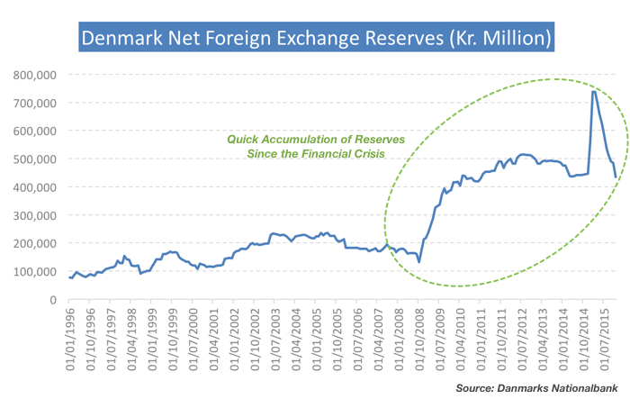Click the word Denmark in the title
click(119, 40)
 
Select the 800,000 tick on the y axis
click(37, 75)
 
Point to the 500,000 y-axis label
click(37, 159)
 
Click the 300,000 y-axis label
click(37, 215)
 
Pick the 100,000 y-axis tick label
click(37, 272)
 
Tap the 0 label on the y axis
click(55, 300)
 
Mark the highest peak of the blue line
click(594, 91)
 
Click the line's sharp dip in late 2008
click(419, 261)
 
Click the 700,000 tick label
click(37, 103)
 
